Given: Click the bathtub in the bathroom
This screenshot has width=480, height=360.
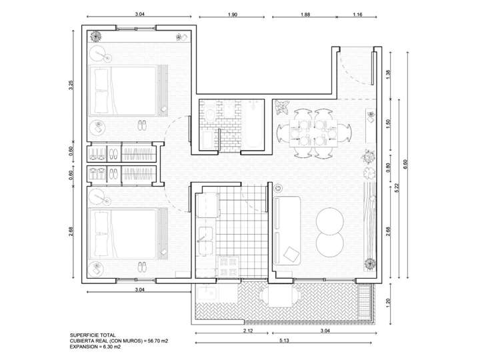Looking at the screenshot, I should (253, 126).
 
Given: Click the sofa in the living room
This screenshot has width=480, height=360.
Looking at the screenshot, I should (287, 230).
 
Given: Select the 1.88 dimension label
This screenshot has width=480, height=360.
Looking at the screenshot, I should (305, 14).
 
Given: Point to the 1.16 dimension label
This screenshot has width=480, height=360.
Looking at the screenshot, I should (357, 14).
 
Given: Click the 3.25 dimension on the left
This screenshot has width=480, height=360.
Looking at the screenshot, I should (71, 87).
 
